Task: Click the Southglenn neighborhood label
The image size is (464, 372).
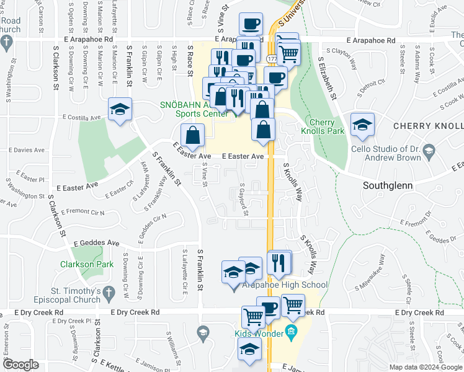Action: coord(388,185)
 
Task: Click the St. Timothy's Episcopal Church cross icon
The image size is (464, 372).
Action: coord(110,291)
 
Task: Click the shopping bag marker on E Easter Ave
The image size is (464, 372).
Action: coord(192,135)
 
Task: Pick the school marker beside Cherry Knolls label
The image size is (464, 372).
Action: coord(362,123)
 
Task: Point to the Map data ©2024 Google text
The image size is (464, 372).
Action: coord(426,367)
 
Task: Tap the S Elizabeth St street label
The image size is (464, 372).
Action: coord(327,79)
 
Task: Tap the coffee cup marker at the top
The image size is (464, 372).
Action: coord(251,24)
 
